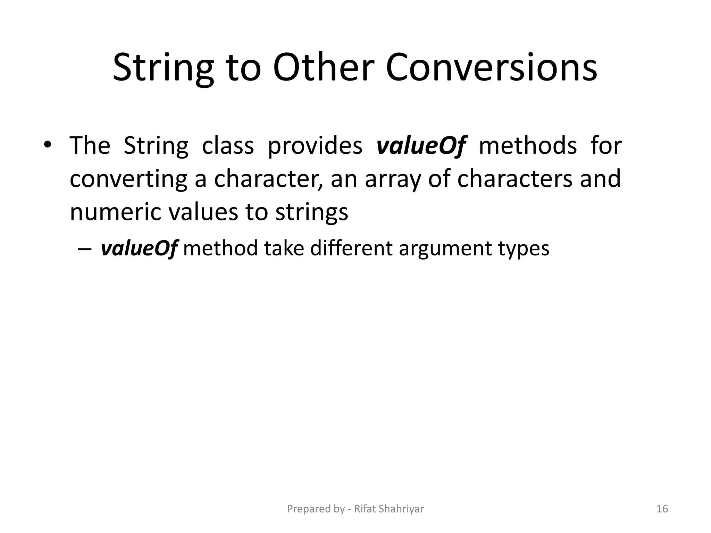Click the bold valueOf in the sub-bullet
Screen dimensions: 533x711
tap(139, 248)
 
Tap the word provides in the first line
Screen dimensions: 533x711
tap(315, 146)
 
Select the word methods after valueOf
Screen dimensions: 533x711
tap(528, 146)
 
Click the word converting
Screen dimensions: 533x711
tap(128, 179)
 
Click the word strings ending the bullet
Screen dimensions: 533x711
tap(311, 212)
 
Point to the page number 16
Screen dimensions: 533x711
tap(662, 509)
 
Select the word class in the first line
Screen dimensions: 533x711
tap(228, 146)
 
